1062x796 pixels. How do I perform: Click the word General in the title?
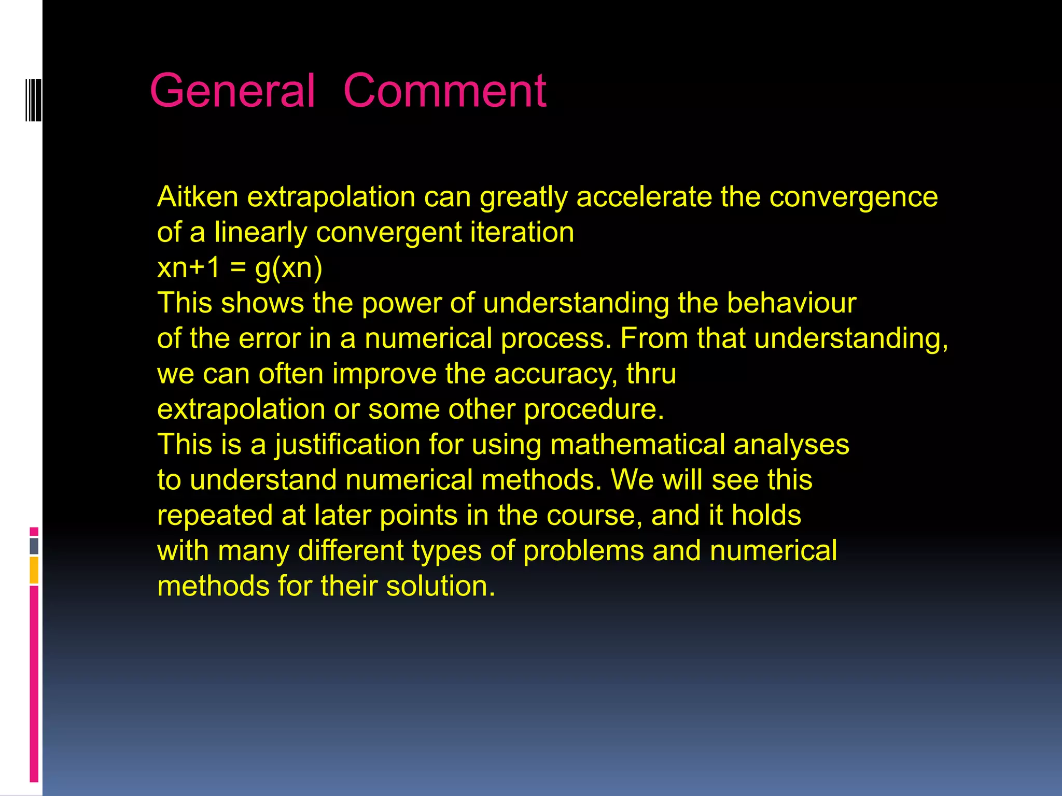[x=232, y=91]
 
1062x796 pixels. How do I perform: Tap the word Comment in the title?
[x=444, y=91]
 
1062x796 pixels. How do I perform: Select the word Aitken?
[x=198, y=197]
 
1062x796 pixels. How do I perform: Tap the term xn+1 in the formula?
[x=189, y=268]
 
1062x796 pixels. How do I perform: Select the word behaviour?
[x=791, y=303]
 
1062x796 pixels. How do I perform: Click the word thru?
[x=651, y=374]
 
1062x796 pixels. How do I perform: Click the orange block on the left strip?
[x=34, y=570]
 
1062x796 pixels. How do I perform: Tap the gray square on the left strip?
[x=34, y=546]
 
